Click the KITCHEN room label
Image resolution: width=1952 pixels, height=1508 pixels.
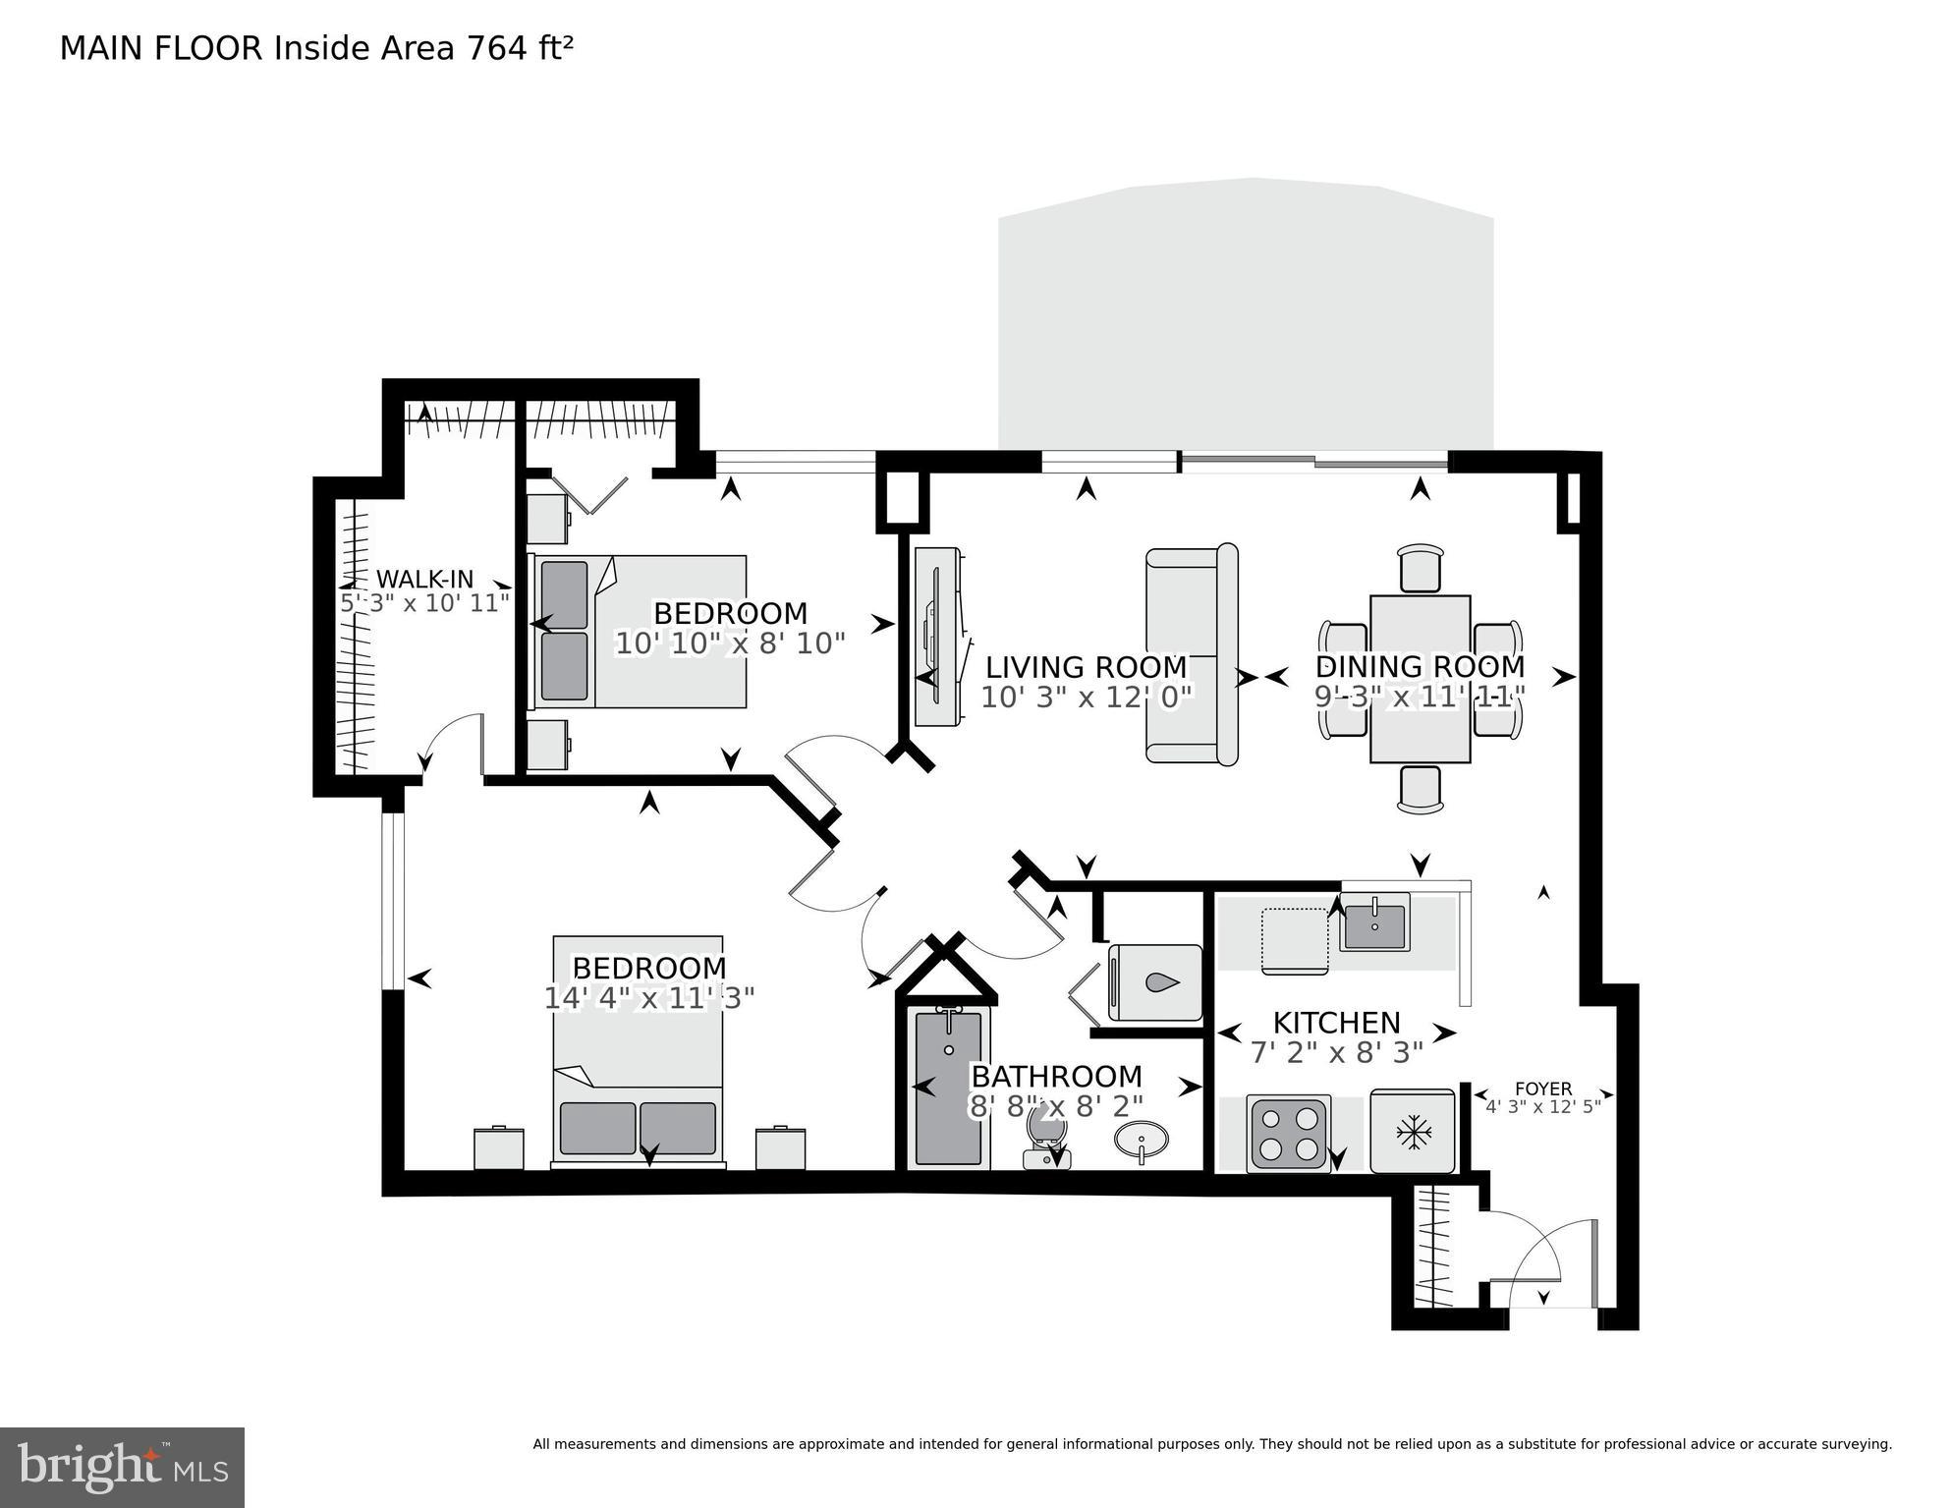point(1336,1023)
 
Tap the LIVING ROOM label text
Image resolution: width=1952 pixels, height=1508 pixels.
point(1086,667)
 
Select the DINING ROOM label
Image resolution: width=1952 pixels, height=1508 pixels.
point(1420,666)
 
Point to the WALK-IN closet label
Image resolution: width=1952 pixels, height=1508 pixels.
point(424,579)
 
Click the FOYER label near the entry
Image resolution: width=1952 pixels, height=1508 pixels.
point(1542,1089)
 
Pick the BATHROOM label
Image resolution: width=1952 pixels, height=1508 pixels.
point(1056,1076)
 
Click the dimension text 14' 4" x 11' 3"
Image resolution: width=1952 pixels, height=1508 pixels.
point(648,998)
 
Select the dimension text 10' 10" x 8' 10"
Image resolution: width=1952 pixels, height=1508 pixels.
point(730,643)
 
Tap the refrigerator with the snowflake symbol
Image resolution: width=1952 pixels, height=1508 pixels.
point(1412,1131)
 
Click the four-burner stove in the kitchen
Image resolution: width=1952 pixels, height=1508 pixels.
point(1288,1133)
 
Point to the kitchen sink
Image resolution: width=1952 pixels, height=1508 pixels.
point(1374,922)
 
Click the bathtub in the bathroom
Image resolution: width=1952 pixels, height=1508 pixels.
point(947,1088)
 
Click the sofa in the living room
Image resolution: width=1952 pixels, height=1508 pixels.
point(1190,653)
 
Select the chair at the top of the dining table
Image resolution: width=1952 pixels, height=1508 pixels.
point(1421,568)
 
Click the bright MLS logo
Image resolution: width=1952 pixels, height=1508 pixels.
point(122,1467)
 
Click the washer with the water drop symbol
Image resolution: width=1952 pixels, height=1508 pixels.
point(1154,982)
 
